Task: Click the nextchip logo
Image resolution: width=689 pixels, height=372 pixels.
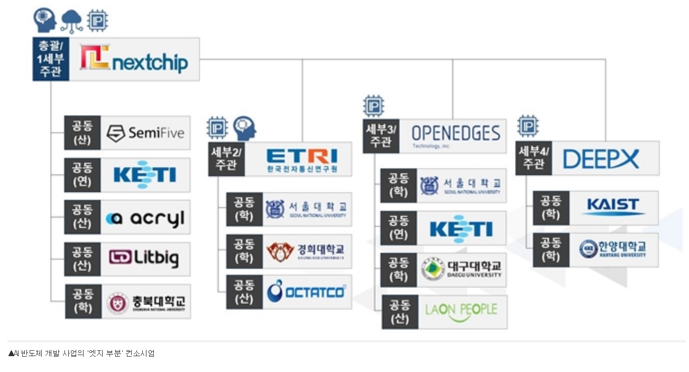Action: click(134, 59)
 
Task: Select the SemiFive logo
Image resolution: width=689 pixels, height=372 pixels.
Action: click(145, 133)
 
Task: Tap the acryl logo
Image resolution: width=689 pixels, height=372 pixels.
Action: click(145, 217)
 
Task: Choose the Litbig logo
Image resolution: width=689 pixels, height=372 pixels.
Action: click(144, 258)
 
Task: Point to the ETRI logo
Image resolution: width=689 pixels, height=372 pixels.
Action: click(301, 159)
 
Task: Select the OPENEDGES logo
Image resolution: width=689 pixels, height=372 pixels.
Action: click(455, 135)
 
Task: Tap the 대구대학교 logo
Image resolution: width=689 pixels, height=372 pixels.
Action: click(461, 270)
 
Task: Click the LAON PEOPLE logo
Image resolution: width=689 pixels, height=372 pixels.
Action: click(461, 310)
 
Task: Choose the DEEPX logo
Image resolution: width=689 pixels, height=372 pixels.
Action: click(601, 159)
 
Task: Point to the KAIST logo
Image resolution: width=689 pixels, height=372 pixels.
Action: click(613, 207)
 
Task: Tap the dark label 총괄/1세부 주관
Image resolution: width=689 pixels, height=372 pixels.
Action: click(51, 59)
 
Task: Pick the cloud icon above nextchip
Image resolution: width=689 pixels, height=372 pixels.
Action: click(71, 21)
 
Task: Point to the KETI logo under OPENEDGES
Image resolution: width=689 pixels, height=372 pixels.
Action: click(461, 228)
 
